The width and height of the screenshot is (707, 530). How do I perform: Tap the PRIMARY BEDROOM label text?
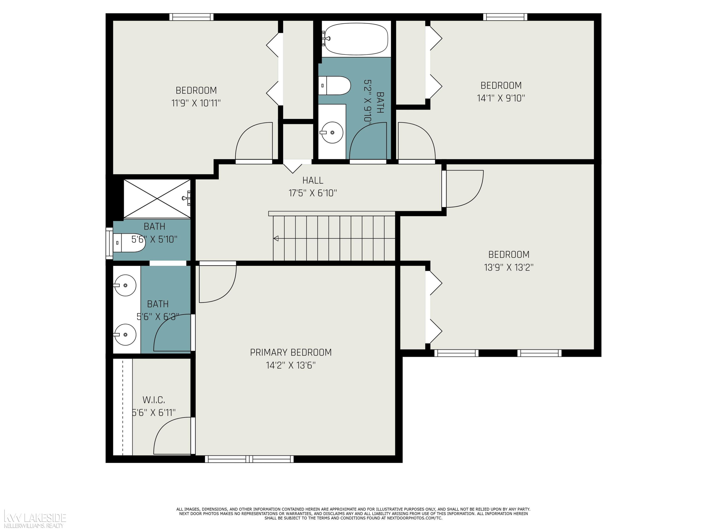pos(291,352)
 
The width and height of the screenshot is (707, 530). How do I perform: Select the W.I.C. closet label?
pos(153,400)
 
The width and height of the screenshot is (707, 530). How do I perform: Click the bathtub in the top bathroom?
pos(356,39)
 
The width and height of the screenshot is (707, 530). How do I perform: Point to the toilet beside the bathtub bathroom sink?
pos(335,86)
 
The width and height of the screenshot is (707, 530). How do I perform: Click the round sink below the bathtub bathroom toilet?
pos(332,132)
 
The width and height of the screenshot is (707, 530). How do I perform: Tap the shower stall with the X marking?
pos(157,199)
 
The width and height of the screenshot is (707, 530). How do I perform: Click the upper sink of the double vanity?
pos(125,285)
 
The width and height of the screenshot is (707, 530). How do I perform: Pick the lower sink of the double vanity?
pos(125,334)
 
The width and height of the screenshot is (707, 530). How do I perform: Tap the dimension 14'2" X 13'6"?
pos(291,365)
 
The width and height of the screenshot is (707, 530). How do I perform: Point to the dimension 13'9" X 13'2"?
pos(509,267)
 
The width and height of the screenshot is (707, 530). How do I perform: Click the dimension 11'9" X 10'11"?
pos(196,103)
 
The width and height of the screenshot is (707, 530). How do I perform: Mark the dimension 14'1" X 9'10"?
pos(501,98)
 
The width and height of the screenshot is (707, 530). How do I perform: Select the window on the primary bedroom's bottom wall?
pos(249,459)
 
